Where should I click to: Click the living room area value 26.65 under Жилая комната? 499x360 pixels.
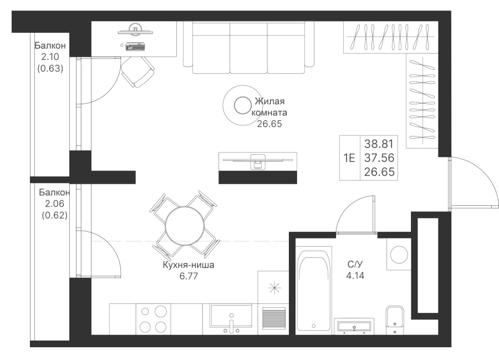pos(269,124)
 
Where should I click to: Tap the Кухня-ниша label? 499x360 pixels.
pos(189,265)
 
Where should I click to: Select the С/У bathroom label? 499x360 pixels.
pos(355,264)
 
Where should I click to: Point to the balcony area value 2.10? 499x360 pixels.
pos(50,57)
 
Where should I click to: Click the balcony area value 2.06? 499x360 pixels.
pos(55,204)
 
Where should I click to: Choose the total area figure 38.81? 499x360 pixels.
pos(379,144)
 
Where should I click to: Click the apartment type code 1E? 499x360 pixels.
pos(349,158)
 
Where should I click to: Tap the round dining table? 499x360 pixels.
pos(185,226)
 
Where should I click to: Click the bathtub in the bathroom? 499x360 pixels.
pos(314,292)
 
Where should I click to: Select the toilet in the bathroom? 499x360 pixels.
pos(395,320)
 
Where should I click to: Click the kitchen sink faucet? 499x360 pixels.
pos(232,324)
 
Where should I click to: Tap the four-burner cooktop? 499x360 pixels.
pos(154,319)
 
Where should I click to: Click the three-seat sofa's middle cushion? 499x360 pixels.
pos(248,48)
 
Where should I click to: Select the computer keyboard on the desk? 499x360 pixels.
pos(136,47)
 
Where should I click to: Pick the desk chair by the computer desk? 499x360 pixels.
pos(138,72)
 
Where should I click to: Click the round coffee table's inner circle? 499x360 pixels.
pos(243,105)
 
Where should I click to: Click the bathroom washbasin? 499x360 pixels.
pos(354,326)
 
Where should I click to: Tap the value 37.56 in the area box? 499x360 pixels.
pos(379,158)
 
